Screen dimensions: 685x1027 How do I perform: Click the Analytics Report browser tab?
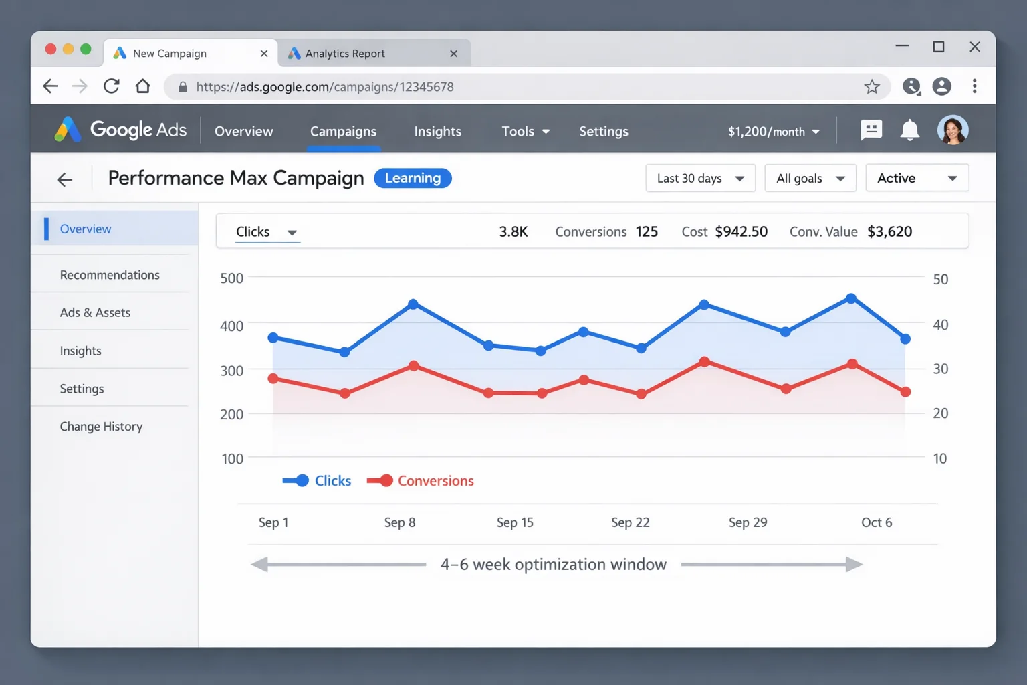[x=344, y=54]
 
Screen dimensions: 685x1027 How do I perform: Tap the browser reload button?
[x=112, y=86]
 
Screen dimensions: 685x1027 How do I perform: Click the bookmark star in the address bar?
[x=871, y=86]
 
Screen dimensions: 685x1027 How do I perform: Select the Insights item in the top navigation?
[x=437, y=132]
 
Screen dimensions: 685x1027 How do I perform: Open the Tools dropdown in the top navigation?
[x=525, y=132]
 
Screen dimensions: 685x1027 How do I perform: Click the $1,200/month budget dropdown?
[x=773, y=132]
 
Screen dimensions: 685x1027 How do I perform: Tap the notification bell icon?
[x=909, y=130]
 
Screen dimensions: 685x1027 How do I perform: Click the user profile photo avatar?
[x=952, y=130]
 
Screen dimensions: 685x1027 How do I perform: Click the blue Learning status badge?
[x=413, y=178]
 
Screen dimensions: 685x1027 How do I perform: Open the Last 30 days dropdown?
[x=700, y=179]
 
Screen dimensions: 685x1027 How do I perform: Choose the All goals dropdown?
[x=810, y=179]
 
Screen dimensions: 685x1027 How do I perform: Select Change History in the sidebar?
[x=101, y=427]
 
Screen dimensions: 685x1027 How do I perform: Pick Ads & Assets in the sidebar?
[x=95, y=313]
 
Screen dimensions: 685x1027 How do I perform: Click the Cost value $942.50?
[x=741, y=232]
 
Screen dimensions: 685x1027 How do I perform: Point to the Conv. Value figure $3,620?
[x=889, y=232]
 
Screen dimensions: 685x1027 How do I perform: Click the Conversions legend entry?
[x=421, y=481]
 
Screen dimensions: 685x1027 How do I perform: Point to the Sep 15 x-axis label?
[x=515, y=522]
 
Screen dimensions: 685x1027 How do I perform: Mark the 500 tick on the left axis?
[x=231, y=278]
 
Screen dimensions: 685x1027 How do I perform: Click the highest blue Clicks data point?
[x=850, y=298]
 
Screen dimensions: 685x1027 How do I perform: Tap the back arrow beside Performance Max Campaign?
[x=65, y=179]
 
